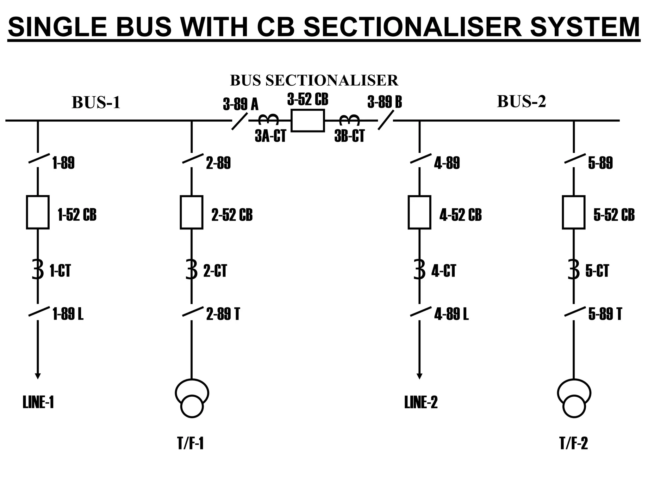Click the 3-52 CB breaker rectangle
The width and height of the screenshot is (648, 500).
[x=308, y=120]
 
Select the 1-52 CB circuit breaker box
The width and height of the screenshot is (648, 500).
[x=38, y=212]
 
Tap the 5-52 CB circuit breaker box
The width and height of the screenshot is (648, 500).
[x=573, y=212]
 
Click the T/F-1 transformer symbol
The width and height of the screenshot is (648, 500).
[x=192, y=398]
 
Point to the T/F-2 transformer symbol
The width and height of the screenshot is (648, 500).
[x=574, y=398]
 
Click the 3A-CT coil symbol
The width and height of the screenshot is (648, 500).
[x=269, y=120]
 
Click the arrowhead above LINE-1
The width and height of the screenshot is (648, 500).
[x=38, y=376]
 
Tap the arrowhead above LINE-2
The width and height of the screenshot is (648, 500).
[x=420, y=376]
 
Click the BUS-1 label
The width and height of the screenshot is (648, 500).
[x=96, y=102]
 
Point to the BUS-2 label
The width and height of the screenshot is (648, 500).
[x=521, y=101]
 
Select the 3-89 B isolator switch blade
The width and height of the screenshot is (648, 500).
[x=386, y=120]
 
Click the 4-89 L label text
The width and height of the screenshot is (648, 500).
[x=451, y=314]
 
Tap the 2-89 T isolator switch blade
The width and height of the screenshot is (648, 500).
[x=193, y=312]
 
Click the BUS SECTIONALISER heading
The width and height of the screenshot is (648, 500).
[x=314, y=81]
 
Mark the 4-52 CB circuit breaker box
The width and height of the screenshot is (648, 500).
[x=419, y=212]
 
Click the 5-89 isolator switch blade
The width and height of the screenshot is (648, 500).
[x=575, y=159]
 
